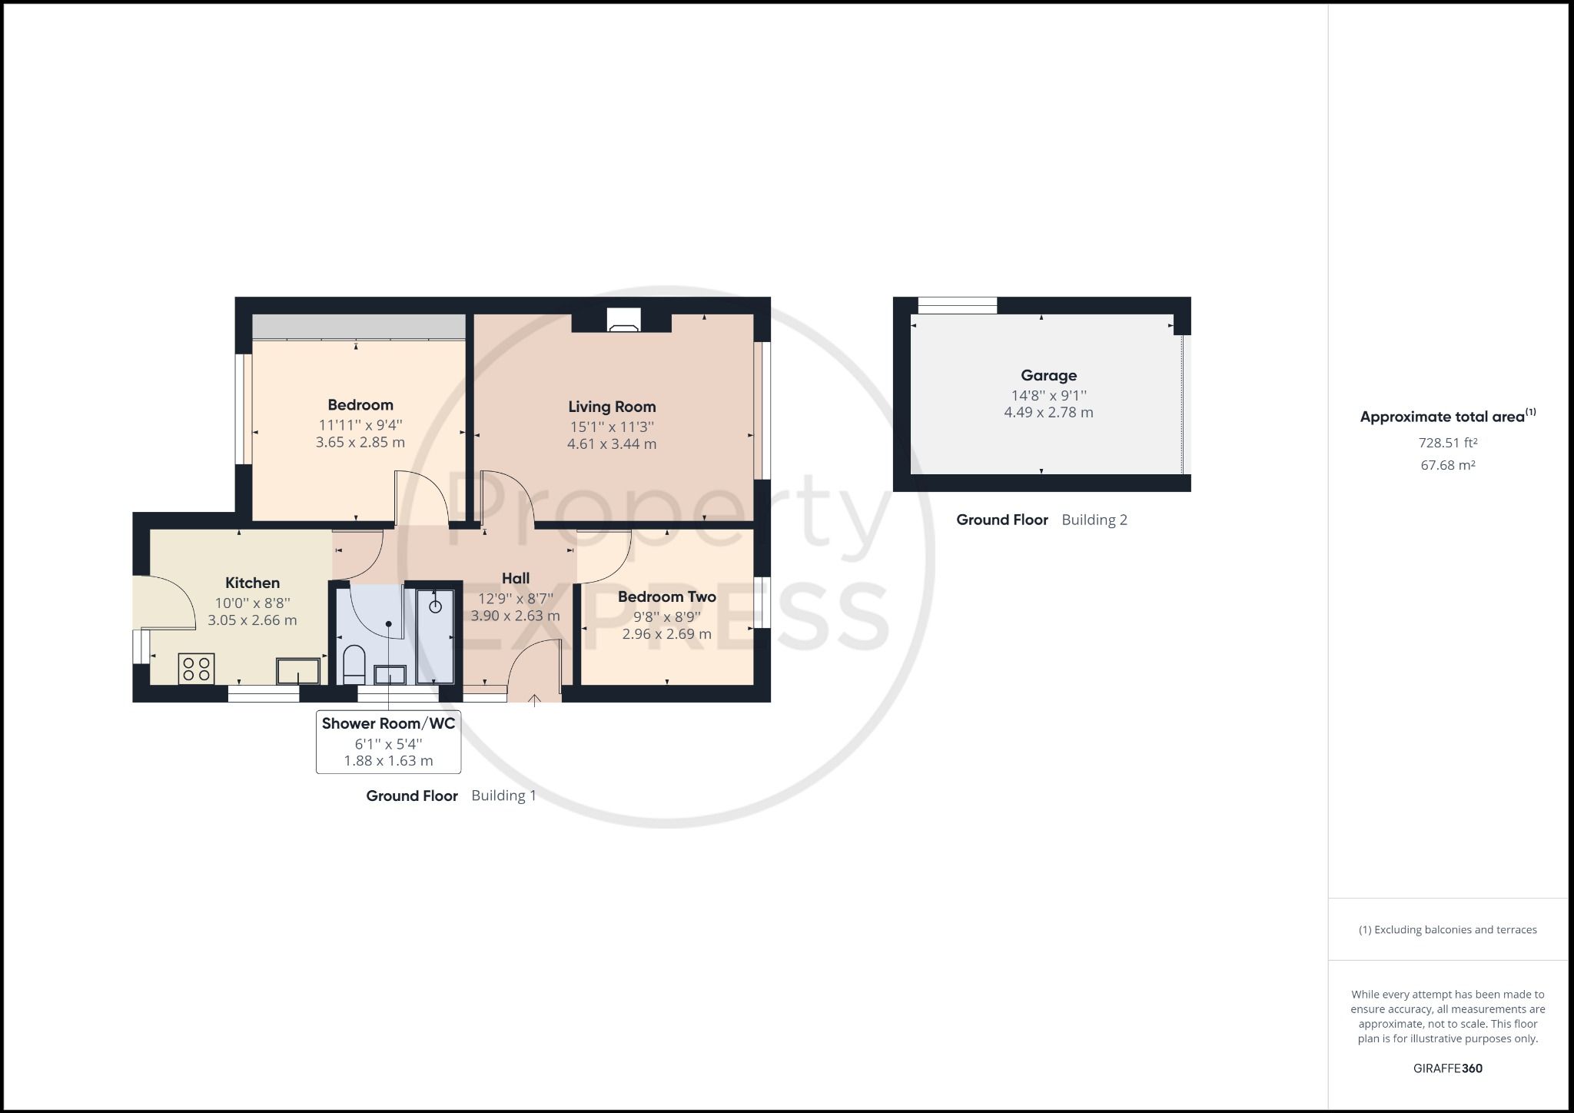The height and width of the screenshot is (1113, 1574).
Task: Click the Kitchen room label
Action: click(252, 583)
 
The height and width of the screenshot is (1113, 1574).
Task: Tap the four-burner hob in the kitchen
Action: click(196, 668)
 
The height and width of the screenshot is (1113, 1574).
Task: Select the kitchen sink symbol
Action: click(298, 671)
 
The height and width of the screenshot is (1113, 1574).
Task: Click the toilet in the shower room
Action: click(354, 665)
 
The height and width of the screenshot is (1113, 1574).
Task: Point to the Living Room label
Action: click(612, 407)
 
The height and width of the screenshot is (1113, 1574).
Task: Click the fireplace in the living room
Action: click(623, 320)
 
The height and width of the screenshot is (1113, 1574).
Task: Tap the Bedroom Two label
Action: click(667, 596)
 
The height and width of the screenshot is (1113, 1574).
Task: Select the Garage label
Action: click(1048, 375)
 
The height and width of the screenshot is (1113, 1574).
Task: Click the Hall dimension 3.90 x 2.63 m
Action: click(515, 616)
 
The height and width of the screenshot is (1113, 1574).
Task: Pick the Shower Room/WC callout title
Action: click(388, 723)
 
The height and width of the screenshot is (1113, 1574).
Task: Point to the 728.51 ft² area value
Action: click(1448, 443)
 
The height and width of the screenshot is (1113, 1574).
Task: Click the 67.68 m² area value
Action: click(1448, 465)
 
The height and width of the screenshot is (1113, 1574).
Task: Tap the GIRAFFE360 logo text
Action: click(1448, 1068)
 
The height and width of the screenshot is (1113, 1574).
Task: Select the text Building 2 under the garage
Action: click(1094, 520)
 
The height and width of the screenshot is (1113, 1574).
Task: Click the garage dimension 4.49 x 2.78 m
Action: click(1048, 413)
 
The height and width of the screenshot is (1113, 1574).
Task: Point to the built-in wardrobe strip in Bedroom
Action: click(359, 327)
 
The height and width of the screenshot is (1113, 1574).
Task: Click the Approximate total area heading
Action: click(1448, 416)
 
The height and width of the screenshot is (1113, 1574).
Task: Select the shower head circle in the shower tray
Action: click(436, 606)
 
